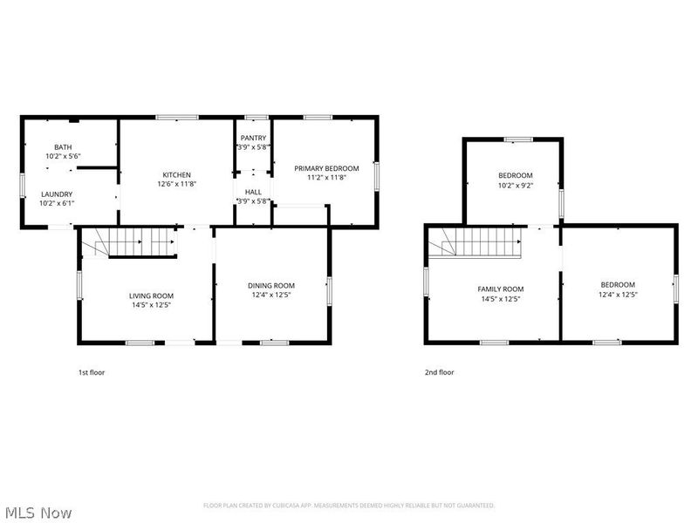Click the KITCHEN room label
tap(175, 174)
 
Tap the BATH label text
tap(63, 146)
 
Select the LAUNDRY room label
tap(57, 194)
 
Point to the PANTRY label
tap(253, 138)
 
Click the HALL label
tap(253, 192)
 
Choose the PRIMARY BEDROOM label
tap(326, 168)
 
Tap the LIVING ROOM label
tap(152, 295)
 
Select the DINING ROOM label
tap(271, 285)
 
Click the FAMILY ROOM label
tap(500, 289)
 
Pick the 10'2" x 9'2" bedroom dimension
tap(515, 185)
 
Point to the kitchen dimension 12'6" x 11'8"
tap(175, 184)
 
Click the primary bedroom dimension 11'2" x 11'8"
tap(326, 178)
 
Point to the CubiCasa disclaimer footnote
tap(349, 506)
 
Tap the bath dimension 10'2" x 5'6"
tap(63, 156)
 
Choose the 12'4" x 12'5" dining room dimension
tap(271, 295)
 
